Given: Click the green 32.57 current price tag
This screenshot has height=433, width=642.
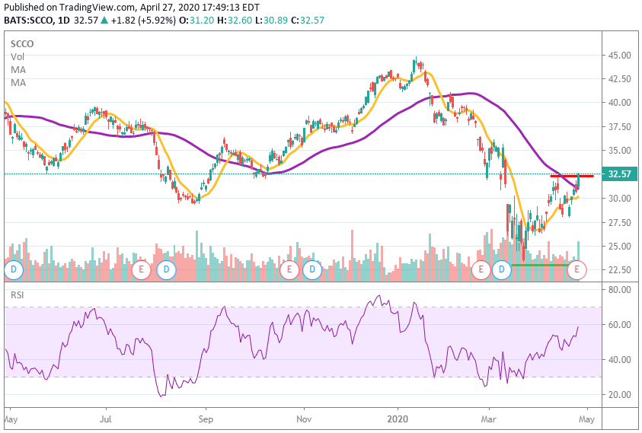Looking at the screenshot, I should pyautogui.click(x=618, y=174).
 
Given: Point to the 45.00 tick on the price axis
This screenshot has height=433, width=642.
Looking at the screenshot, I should pyautogui.click(x=618, y=56).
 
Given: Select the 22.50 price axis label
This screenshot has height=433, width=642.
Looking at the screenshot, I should pyautogui.click(x=618, y=269).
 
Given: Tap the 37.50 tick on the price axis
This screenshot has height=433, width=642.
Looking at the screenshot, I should pyautogui.click(x=618, y=127).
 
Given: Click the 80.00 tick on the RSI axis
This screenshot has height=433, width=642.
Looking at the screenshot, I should pyautogui.click(x=618, y=289).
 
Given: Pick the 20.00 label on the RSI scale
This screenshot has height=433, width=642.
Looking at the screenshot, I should pyautogui.click(x=618, y=394).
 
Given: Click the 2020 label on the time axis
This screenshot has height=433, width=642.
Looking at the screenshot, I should pyautogui.click(x=398, y=419).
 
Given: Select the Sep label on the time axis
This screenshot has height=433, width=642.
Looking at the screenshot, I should pyautogui.click(x=205, y=419).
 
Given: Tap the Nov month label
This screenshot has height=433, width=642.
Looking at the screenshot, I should pyautogui.click(x=304, y=419).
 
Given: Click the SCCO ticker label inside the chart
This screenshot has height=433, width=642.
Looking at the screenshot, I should pyautogui.click(x=22, y=44).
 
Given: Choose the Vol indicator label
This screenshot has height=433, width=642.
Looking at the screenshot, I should pyautogui.click(x=17, y=57).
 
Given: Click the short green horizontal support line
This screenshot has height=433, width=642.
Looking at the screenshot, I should pyautogui.click(x=539, y=265).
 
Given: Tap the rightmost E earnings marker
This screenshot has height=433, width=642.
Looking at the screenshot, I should pyautogui.click(x=577, y=269).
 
